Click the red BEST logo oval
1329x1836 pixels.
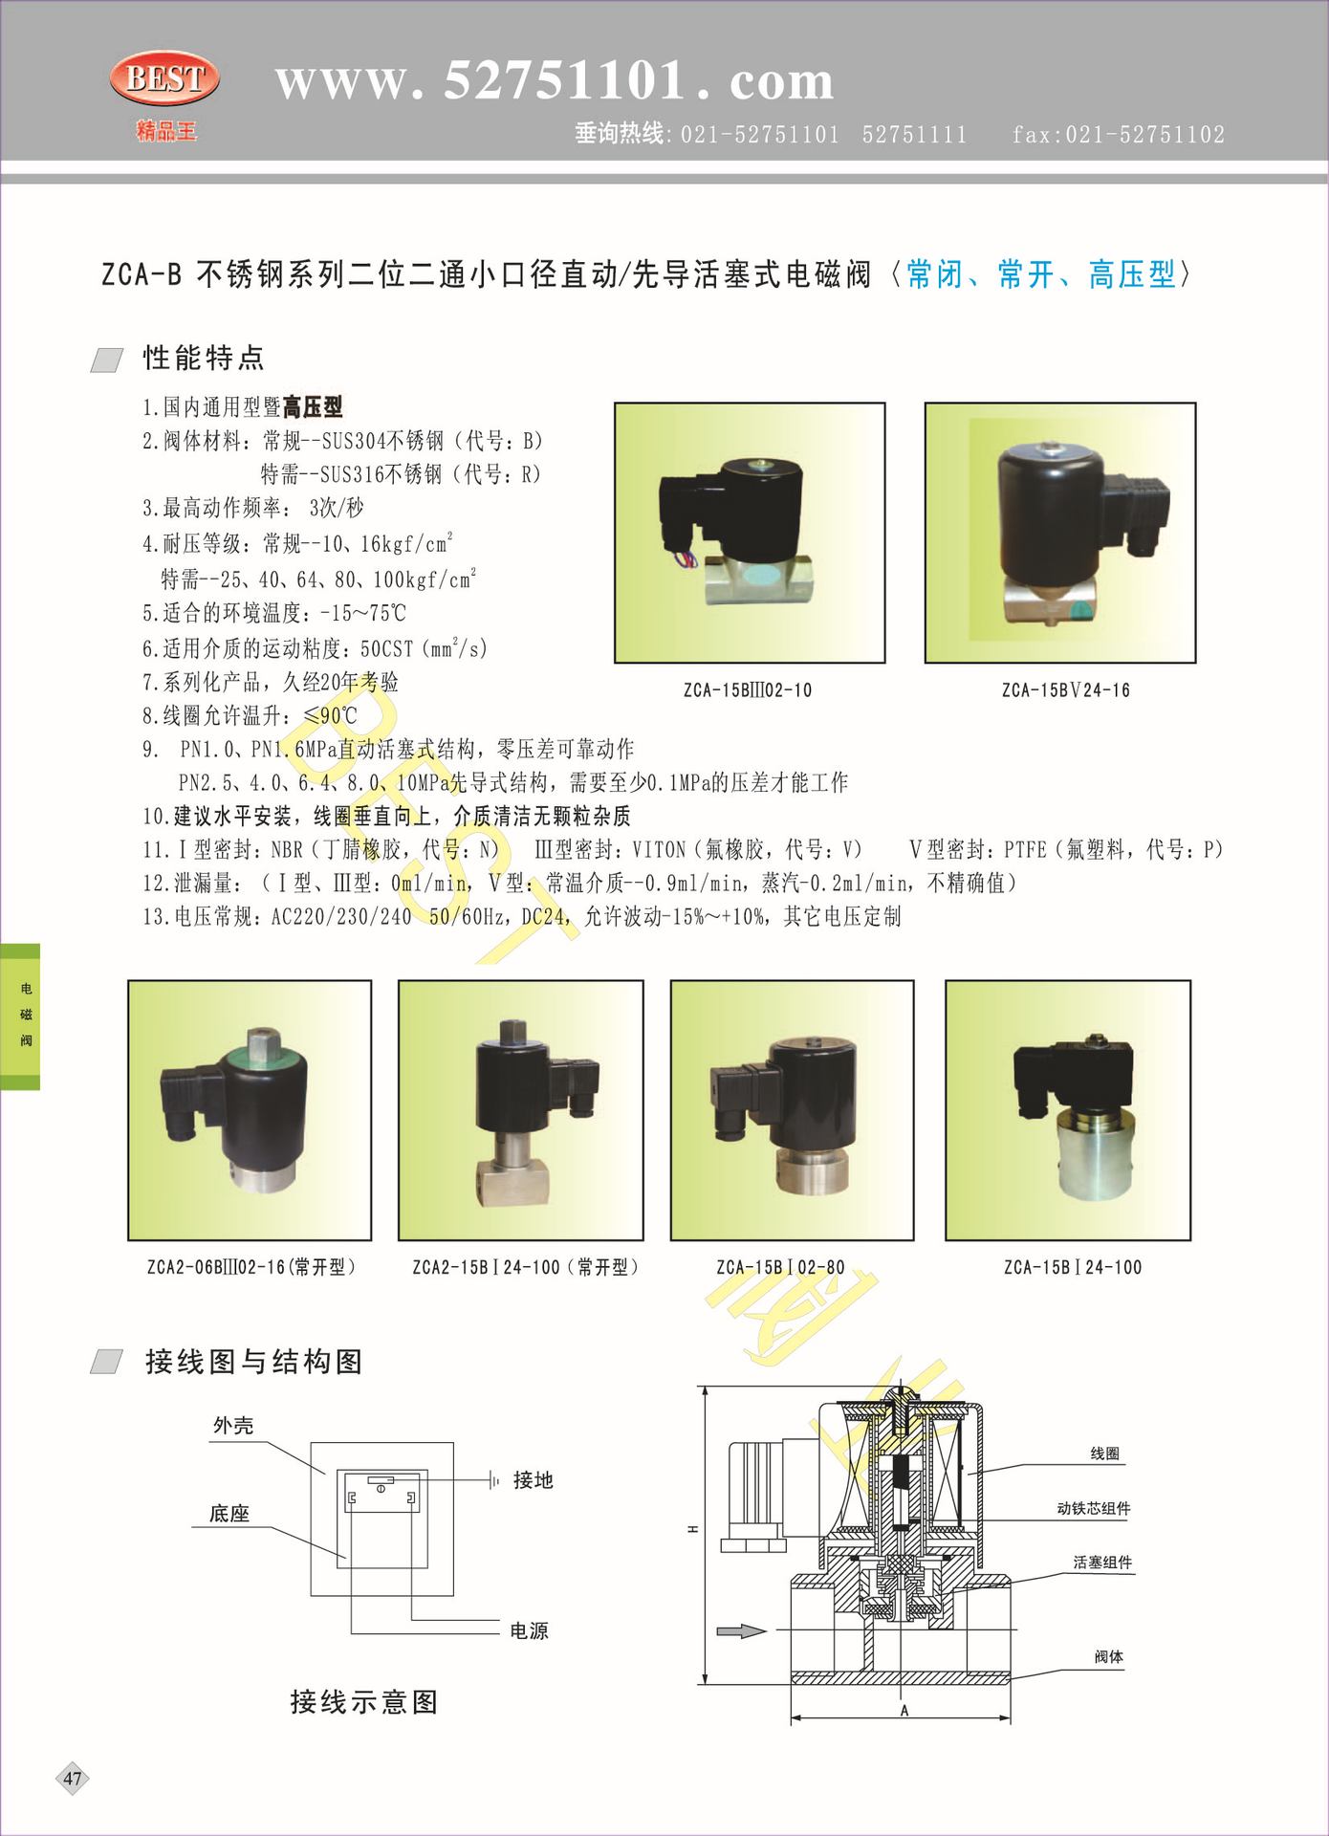(164, 78)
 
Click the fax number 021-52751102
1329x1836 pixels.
(1145, 134)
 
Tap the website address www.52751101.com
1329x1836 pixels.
(555, 79)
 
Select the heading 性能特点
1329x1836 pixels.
(204, 358)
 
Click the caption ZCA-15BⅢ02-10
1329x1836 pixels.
(748, 689)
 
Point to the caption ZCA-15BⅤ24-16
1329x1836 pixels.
(1065, 689)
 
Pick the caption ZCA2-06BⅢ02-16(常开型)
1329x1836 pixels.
(251, 1267)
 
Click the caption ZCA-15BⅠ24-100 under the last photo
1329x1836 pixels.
(1073, 1267)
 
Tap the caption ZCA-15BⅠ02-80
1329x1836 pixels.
(781, 1267)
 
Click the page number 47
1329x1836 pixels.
(73, 1779)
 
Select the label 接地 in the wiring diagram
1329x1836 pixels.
(534, 1480)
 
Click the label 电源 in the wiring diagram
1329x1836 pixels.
(530, 1630)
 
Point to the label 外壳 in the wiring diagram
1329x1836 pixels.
(233, 1426)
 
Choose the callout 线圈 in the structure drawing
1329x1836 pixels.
(1104, 1453)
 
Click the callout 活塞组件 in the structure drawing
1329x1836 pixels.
(1102, 1563)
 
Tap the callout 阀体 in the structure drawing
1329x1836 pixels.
(1109, 1656)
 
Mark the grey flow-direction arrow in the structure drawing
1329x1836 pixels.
(742, 1630)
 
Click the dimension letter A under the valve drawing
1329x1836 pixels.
(904, 1711)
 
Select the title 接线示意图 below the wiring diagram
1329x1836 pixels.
(364, 1702)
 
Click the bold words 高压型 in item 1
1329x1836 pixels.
(313, 406)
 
